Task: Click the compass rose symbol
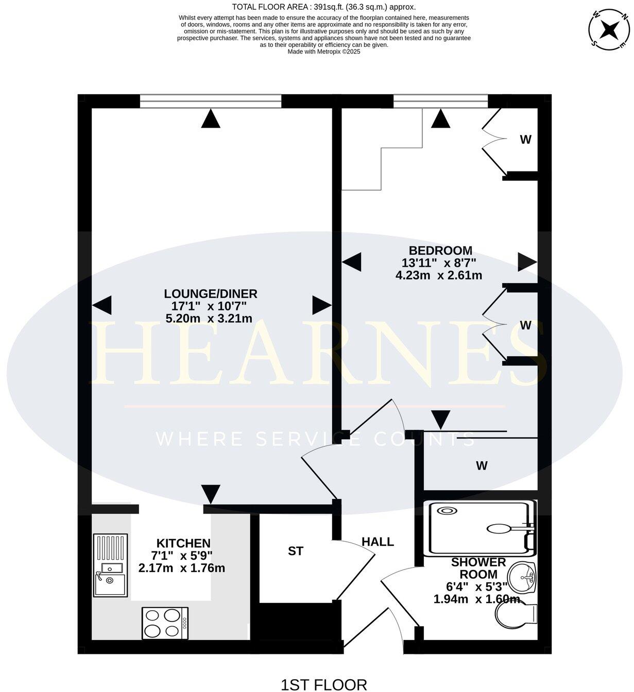coord(610,30)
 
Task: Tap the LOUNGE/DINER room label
coord(210,293)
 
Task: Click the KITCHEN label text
coord(183,543)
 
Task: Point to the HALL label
coord(378,542)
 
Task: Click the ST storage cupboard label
coord(295,551)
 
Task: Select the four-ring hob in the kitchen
coord(165,623)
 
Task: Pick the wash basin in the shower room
coord(522,578)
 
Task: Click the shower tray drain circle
coord(447,511)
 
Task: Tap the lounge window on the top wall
coord(211,101)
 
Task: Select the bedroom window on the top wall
coord(440,101)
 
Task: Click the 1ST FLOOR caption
coord(323,684)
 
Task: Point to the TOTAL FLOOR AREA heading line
coord(323,7)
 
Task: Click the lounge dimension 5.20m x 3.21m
coord(209,319)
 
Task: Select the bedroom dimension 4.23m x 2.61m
coord(439,275)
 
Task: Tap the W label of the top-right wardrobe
coord(525,140)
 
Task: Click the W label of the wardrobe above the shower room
coord(482,466)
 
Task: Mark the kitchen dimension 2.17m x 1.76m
coord(182,568)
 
